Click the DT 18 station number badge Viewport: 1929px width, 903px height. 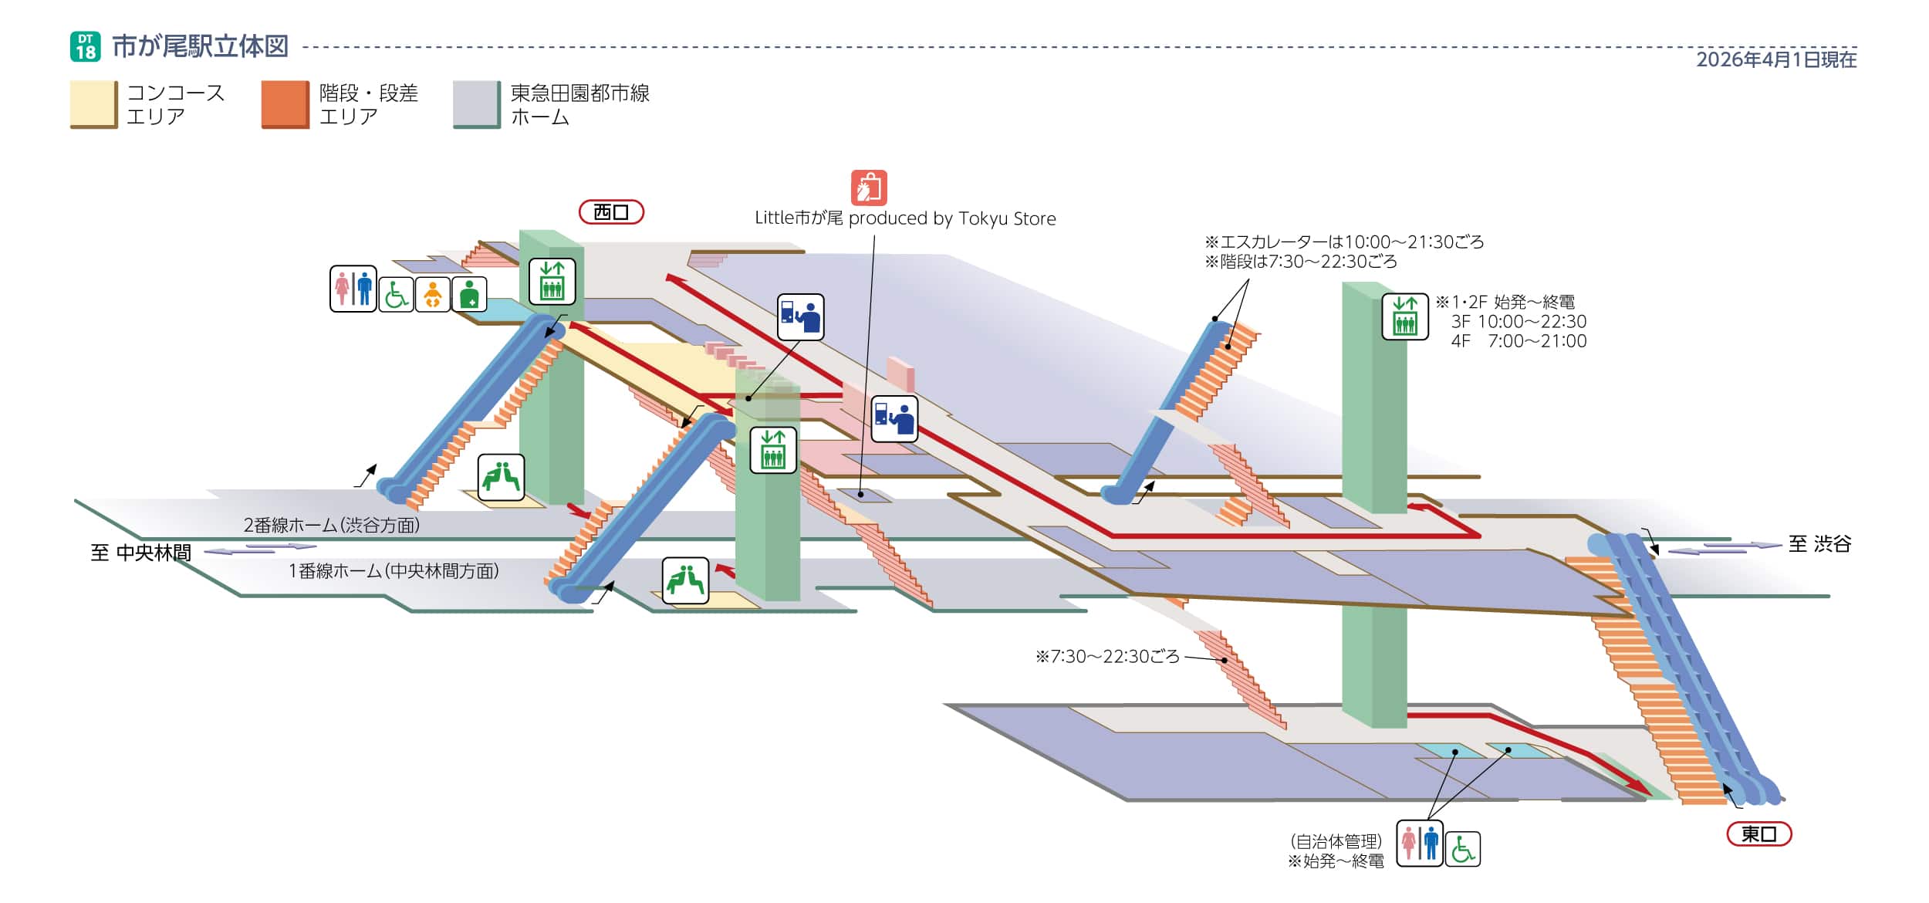point(86,46)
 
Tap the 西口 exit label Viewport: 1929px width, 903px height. point(611,212)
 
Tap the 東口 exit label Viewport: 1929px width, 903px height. point(1758,834)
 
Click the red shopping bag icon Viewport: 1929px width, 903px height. point(869,188)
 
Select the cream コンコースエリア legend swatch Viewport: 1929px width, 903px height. point(93,104)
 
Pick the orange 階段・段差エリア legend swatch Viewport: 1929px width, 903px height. point(285,104)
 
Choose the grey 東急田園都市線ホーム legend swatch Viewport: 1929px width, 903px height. point(476,104)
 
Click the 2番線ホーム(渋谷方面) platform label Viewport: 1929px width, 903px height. point(332,526)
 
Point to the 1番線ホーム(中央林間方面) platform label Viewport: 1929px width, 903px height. point(394,571)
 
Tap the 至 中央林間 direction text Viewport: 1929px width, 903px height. point(140,553)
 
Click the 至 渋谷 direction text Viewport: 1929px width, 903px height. point(1819,544)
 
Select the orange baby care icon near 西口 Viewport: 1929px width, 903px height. point(433,294)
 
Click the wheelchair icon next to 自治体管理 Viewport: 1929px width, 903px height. point(1462,849)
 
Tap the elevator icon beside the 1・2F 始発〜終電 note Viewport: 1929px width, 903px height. point(1404,316)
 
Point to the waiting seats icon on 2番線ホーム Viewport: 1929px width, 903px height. point(501,477)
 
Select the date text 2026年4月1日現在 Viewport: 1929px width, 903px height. point(1775,59)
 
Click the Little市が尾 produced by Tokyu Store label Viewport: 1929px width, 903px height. point(905,218)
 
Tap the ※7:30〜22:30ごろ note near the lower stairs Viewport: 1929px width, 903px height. point(1107,657)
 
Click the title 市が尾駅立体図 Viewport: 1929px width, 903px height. point(200,46)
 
